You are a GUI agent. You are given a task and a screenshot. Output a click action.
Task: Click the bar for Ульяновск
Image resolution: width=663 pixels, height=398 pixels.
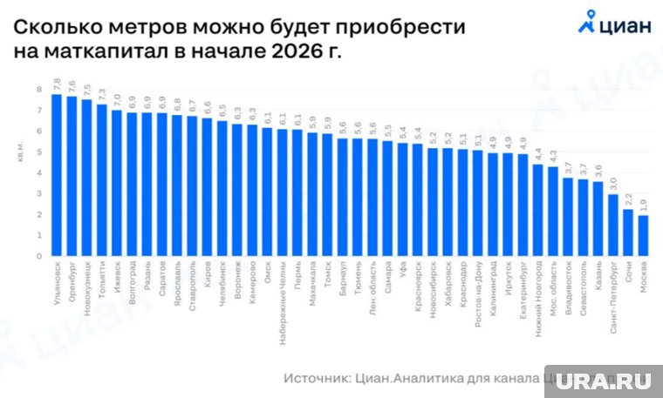click(x=57, y=174)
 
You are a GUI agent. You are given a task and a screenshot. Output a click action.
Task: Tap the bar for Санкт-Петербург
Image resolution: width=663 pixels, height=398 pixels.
click(x=613, y=224)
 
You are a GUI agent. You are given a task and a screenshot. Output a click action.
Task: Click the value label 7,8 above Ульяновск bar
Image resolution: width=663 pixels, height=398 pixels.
click(x=57, y=84)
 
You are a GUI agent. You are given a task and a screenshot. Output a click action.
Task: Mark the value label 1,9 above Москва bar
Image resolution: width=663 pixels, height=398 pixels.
click(x=643, y=206)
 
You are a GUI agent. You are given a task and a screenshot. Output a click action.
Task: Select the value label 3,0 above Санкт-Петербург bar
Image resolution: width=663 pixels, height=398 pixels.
click(x=613, y=184)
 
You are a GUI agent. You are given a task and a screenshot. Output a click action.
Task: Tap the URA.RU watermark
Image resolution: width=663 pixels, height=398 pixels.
click(x=601, y=382)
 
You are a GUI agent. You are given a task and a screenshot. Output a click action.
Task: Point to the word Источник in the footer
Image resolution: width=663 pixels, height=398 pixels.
click(x=315, y=378)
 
